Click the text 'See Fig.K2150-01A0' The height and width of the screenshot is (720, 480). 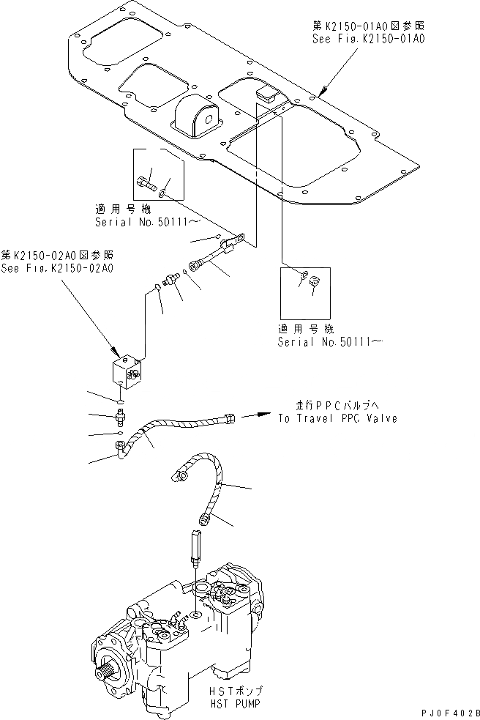click(x=364, y=38)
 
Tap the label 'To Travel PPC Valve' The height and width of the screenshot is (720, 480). click(x=337, y=418)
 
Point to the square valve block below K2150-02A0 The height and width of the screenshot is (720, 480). click(x=127, y=374)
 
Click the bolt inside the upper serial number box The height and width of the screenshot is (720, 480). click(x=146, y=179)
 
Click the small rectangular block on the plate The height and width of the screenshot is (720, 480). click(x=265, y=92)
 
